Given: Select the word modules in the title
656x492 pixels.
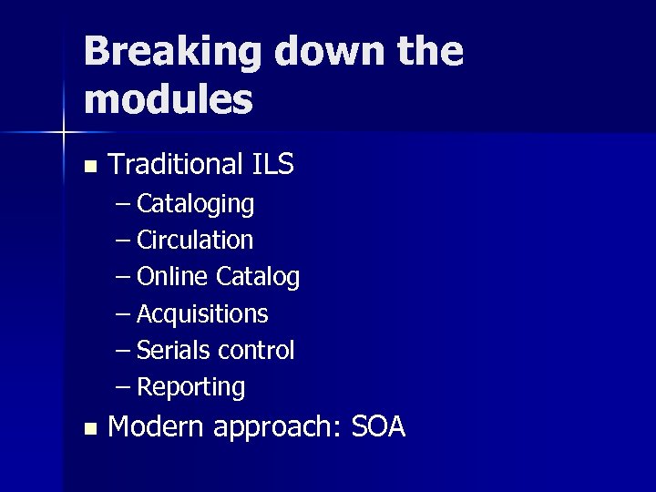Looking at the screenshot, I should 168,100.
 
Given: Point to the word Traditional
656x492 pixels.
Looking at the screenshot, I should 174,164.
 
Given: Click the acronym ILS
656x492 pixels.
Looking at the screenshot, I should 271,164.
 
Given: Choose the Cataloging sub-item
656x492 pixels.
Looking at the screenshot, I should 195,204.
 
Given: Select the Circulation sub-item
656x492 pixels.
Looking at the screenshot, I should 195,241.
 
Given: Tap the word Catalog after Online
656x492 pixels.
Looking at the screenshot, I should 258,277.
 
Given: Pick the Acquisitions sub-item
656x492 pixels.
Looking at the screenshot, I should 202,314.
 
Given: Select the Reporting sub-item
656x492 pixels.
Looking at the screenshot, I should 191,388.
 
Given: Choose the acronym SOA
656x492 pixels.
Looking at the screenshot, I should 377,426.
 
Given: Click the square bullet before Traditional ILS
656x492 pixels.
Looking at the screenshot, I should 88,167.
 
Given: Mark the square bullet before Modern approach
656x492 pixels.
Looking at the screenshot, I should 88,428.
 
